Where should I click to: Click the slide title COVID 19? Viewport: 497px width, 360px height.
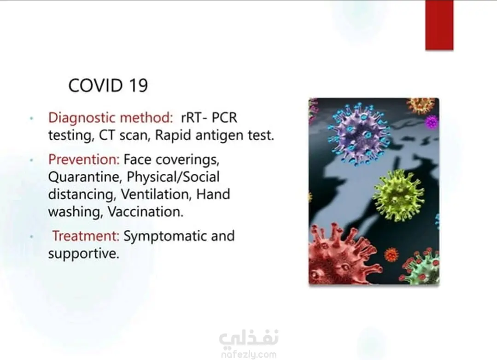coord(108,85)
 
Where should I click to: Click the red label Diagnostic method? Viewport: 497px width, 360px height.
coord(111,118)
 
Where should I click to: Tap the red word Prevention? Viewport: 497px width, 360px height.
coord(84,159)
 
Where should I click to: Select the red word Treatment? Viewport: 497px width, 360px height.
coord(86,236)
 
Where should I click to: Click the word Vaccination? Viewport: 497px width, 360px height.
coord(146,212)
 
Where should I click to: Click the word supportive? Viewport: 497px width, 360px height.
coord(84,254)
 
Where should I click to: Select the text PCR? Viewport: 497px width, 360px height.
coord(224,118)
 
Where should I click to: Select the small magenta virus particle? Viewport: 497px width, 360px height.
coord(432,122)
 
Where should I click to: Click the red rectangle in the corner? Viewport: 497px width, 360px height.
coord(439,25)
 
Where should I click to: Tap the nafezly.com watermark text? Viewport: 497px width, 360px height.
coord(249,354)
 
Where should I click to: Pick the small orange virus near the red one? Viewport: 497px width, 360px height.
coord(391,254)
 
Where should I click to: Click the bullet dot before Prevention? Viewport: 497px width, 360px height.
coord(31,160)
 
